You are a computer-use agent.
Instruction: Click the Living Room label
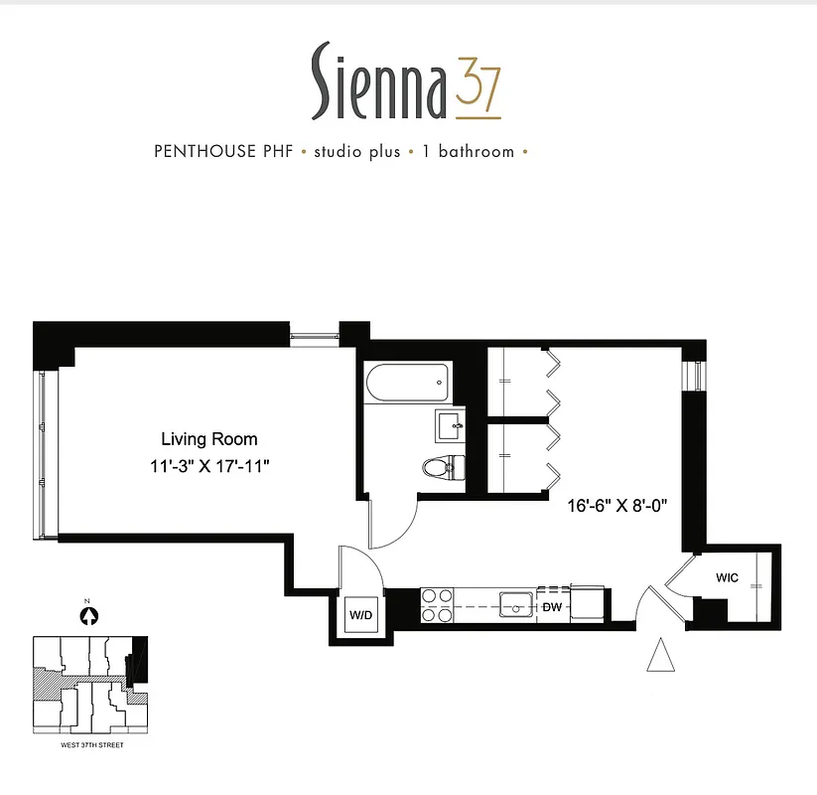click(209, 438)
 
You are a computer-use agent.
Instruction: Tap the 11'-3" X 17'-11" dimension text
click(209, 464)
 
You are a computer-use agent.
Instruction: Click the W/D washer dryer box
click(359, 616)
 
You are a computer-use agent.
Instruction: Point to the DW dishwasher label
click(552, 606)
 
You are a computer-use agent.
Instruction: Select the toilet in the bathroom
click(442, 466)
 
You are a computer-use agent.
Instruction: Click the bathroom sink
click(452, 425)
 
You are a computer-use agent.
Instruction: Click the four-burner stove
click(438, 604)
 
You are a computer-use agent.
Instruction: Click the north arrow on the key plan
click(89, 615)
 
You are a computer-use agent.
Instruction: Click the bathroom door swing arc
click(393, 525)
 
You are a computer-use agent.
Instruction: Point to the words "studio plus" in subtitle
click(357, 152)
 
